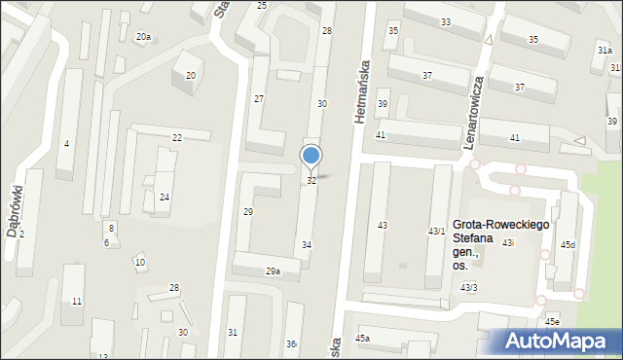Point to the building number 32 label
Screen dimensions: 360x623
[x=311, y=181]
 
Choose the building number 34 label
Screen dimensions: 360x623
[x=307, y=244]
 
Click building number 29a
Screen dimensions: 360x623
[x=274, y=271]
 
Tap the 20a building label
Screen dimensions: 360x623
[x=143, y=37]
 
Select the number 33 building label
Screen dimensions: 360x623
[x=446, y=21]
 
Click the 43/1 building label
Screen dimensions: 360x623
[x=437, y=231]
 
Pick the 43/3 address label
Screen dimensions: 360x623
[x=469, y=287]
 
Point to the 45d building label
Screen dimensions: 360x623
[x=568, y=244]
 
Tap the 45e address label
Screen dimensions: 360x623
[x=552, y=321]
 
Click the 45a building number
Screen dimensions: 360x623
[x=362, y=338]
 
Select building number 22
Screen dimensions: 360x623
[x=177, y=138]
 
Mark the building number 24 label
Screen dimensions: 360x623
[x=165, y=198]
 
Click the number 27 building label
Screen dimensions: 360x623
[x=259, y=99]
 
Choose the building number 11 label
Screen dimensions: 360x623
[x=77, y=302]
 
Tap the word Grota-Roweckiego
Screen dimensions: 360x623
[x=501, y=225]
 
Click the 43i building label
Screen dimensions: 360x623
[x=507, y=242]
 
